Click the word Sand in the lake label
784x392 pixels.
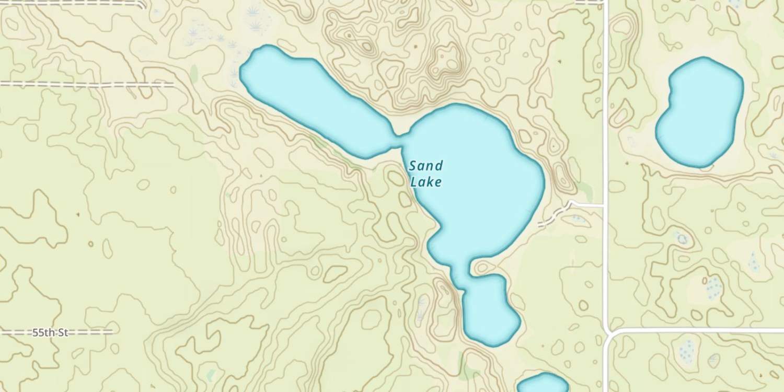(x=425, y=166)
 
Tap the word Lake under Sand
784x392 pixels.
(x=425, y=182)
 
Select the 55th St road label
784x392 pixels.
(x=50, y=332)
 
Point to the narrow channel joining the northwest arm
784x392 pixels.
(x=398, y=140)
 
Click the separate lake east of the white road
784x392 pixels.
(x=699, y=112)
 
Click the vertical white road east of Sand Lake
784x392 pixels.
(x=606, y=105)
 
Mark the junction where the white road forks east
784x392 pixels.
(x=608, y=332)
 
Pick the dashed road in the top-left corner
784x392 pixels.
(x=73, y=3)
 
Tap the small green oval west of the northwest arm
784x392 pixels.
(x=194, y=74)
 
